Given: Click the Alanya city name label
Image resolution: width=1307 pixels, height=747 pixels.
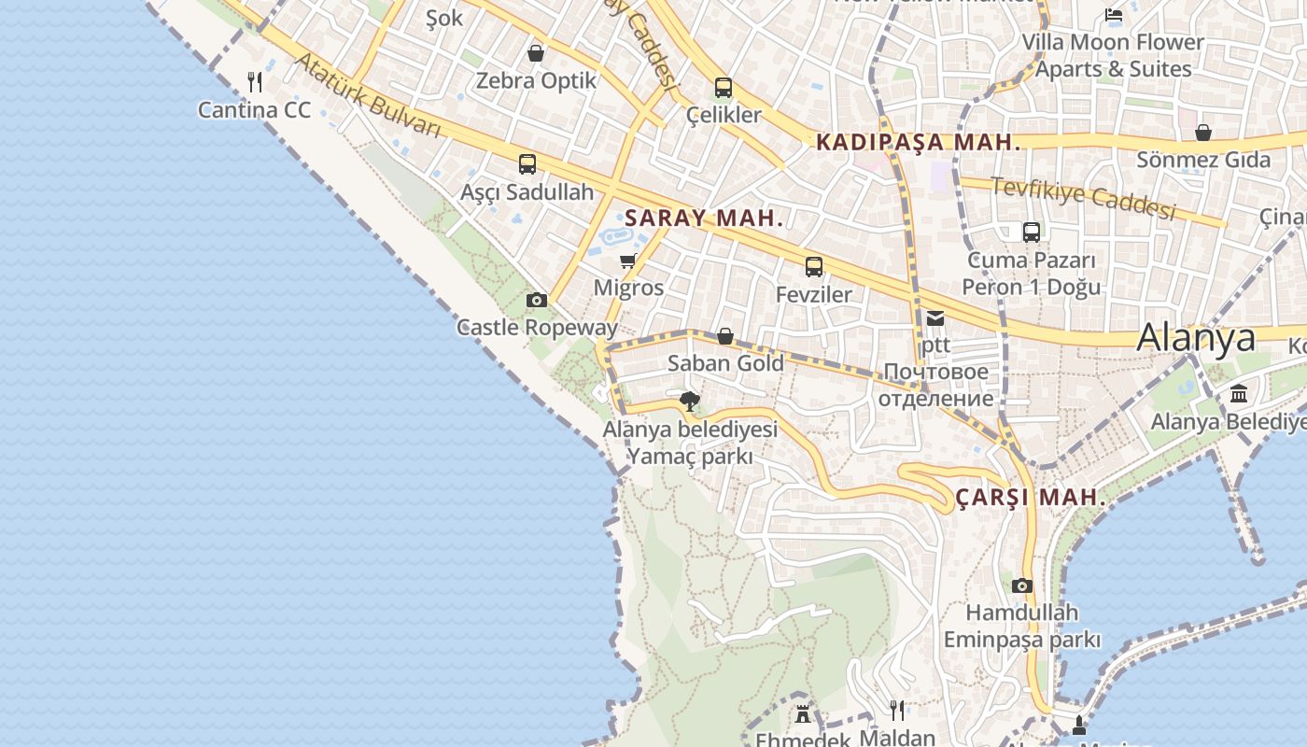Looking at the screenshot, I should [x=1196, y=337].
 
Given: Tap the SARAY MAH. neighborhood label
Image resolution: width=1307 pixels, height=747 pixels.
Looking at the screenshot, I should [x=704, y=218].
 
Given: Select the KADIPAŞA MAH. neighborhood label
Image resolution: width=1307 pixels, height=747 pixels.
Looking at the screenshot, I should [x=918, y=143].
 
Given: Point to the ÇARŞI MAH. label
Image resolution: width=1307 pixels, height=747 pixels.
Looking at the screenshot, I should [x=1031, y=498].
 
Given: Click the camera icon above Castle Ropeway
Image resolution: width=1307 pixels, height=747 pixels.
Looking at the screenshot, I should [x=536, y=300].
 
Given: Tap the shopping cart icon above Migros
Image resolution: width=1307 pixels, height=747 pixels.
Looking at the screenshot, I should [x=628, y=261].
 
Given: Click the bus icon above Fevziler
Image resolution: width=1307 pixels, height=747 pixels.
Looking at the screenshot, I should [x=814, y=267].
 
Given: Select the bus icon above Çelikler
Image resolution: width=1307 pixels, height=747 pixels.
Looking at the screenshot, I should [x=724, y=88].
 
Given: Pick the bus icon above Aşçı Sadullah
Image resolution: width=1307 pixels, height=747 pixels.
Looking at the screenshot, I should [x=527, y=164].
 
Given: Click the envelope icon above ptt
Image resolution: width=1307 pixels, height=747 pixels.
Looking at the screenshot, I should [x=935, y=318].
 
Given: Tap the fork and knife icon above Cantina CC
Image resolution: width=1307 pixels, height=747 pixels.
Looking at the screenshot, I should [x=255, y=82].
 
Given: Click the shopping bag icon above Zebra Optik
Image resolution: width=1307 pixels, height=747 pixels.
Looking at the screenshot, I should [x=536, y=53].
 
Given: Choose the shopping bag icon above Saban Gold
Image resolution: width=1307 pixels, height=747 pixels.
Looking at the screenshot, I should [x=725, y=336].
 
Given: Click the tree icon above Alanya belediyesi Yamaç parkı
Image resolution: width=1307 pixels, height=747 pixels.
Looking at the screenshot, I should [x=690, y=402].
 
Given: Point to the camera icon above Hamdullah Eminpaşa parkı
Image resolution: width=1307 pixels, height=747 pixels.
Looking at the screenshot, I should [x=1022, y=585].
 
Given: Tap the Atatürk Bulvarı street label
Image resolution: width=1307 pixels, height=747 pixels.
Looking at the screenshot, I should [x=368, y=96].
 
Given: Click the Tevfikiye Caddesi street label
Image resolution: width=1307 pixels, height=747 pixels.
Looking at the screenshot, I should [x=1083, y=199].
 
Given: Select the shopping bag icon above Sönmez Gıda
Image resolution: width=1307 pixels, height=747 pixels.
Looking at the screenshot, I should [x=1203, y=133].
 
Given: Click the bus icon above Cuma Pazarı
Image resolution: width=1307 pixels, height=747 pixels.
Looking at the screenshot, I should [x=1032, y=233].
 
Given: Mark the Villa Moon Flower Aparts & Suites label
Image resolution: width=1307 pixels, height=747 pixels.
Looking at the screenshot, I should [x=1113, y=55].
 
